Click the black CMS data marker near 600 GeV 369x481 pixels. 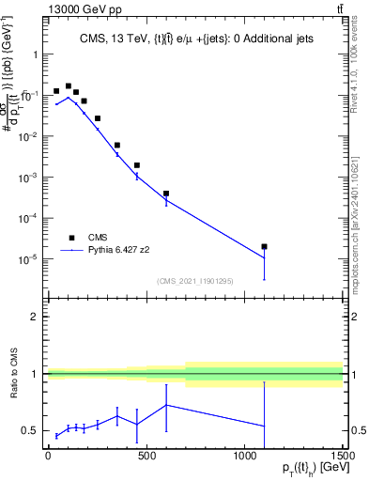(x=166, y=194)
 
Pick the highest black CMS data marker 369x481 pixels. (x=68, y=85)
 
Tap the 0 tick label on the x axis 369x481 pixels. (x=48, y=455)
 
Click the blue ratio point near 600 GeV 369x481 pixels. (x=166, y=405)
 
